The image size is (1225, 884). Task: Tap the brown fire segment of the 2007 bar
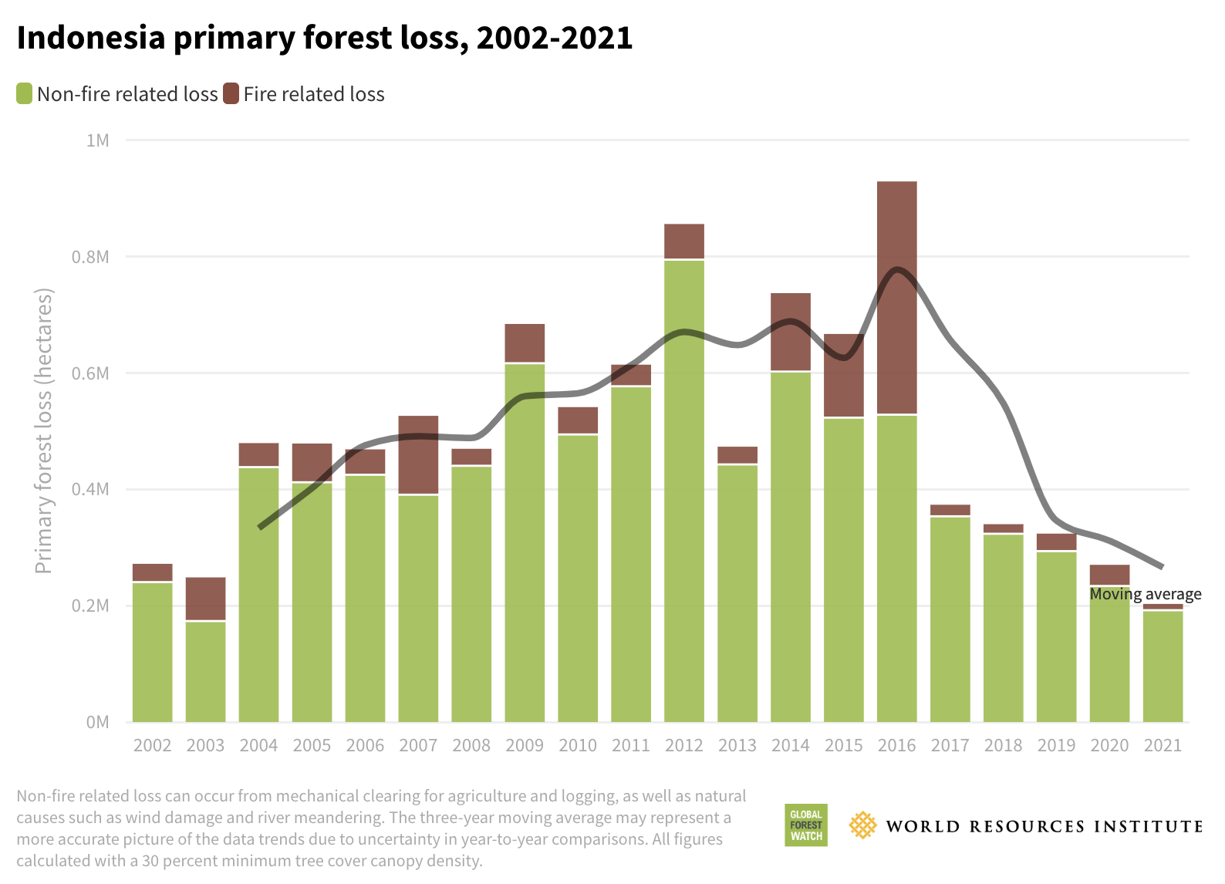[418, 454]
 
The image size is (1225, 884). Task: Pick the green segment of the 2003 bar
[205, 671]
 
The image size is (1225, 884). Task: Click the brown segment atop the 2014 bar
[790, 332]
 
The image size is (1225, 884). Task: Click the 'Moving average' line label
[1145, 594]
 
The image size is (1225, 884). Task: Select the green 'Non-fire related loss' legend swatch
[24, 94]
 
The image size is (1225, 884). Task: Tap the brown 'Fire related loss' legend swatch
[231, 94]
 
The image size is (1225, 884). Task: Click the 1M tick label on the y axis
[97, 140]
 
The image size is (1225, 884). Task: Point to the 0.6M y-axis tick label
[90, 373]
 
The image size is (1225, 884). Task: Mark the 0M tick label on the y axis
[97, 723]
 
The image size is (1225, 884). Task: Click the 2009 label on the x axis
[525, 746]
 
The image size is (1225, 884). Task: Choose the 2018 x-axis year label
[1003, 746]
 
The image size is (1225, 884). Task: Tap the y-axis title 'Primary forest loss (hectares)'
[44, 431]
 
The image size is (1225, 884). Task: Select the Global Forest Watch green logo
[805, 825]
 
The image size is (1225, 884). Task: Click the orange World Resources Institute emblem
[862, 825]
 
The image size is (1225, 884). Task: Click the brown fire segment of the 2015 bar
[843, 375]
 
